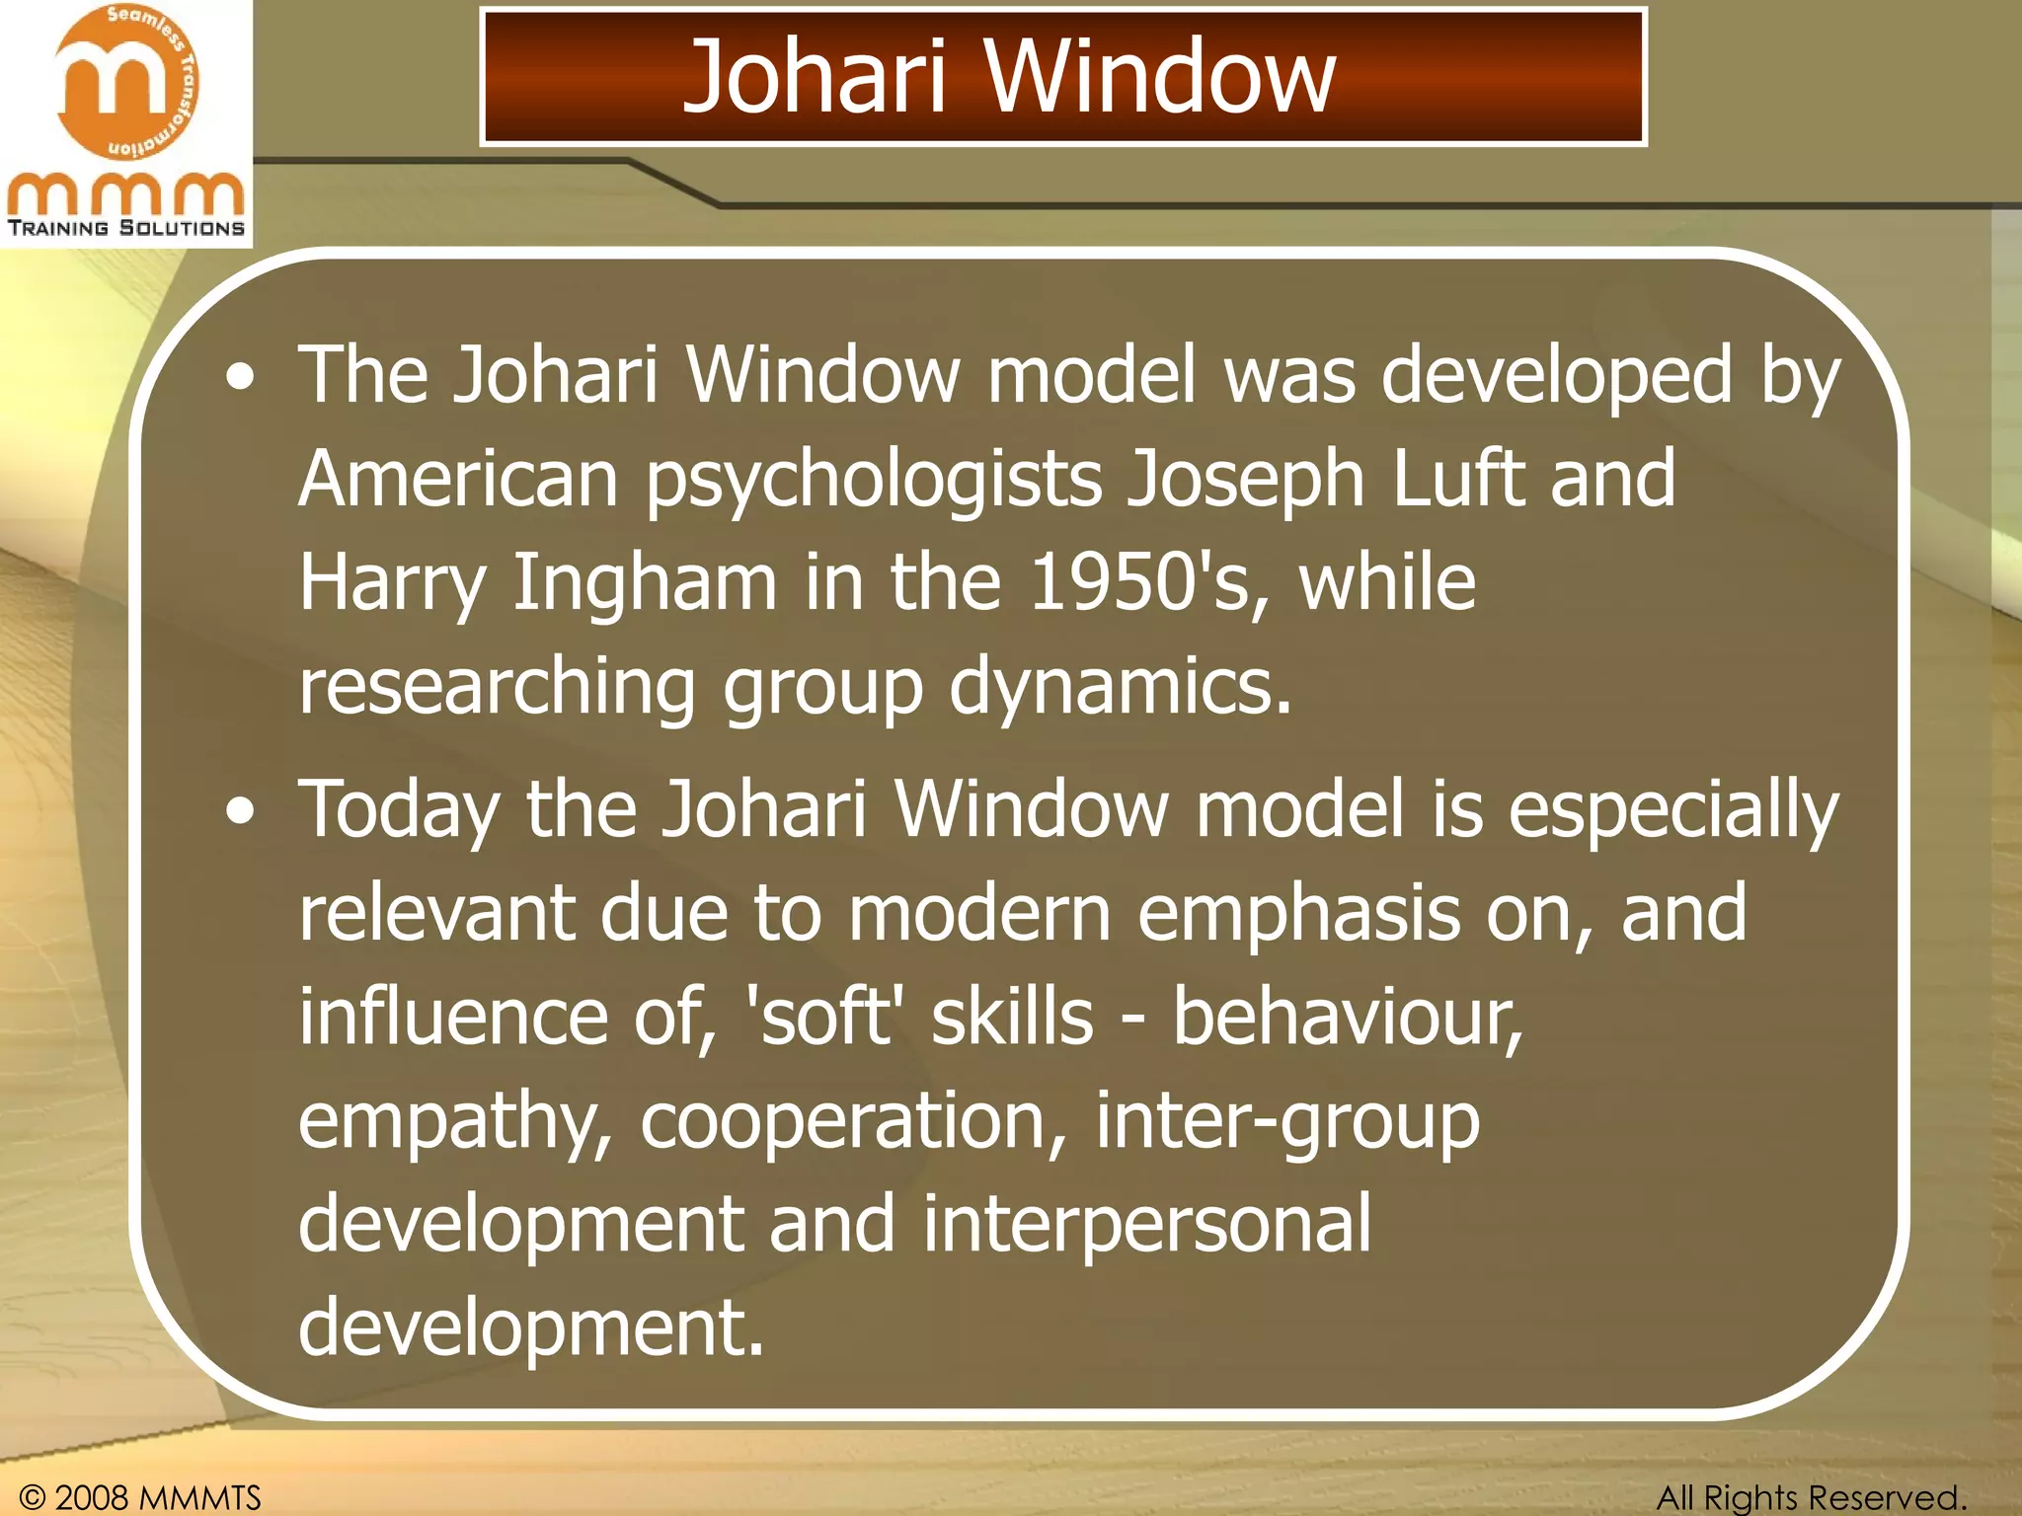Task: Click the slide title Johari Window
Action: pyautogui.click(x=1008, y=76)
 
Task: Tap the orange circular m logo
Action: pyautogui.click(x=126, y=83)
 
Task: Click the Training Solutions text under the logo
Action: pyautogui.click(x=126, y=228)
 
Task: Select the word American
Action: pyautogui.click(x=458, y=479)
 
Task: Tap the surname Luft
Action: pyautogui.click(x=1458, y=479)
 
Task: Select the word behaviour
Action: pyautogui.click(x=1348, y=1018)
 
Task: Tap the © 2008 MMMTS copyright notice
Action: pyautogui.click(x=140, y=1497)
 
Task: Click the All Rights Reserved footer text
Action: pyautogui.click(x=1811, y=1497)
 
